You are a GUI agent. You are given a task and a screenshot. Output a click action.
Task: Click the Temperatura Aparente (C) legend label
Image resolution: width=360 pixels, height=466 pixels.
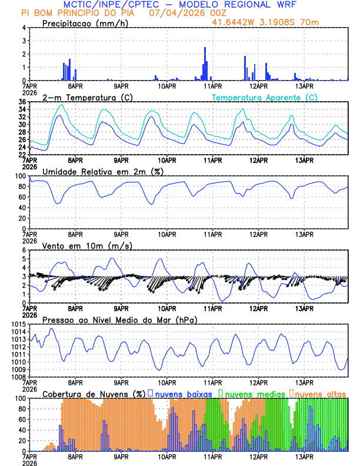point(264,97)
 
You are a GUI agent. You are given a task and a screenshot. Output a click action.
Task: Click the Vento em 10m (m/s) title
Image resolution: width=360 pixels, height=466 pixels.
point(86,245)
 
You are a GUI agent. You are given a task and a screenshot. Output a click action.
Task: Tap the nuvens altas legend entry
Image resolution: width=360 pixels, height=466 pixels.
point(321,393)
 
